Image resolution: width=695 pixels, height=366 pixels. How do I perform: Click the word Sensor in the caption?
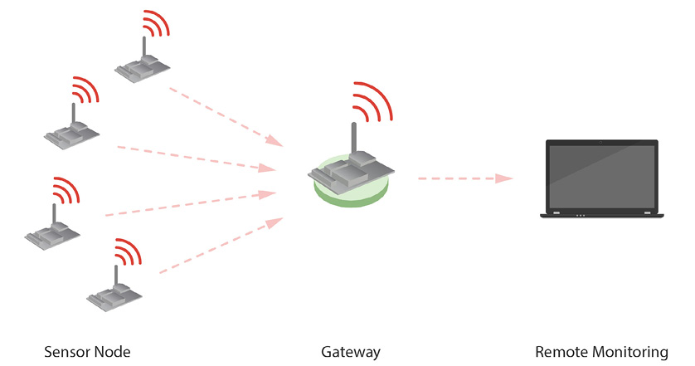pyautogui.click(x=66, y=352)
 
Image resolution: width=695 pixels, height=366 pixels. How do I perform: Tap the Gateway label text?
pyautogui.click(x=351, y=352)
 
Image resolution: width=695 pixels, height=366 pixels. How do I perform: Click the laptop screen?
pyautogui.click(x=601, y=177)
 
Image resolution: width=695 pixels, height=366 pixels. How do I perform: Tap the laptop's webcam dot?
pyautogui.click(x=601, y=143)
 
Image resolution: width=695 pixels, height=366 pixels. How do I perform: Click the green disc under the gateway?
pyautogui.click(x=351, y=195)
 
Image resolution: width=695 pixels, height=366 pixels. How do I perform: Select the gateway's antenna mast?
pyautogui.click(x=353, y=139)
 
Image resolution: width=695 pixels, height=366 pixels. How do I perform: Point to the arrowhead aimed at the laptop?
pyautogui.click(x=504, y=178)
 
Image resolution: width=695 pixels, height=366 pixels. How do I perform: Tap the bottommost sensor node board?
pyautogui.click(x=114, y=297)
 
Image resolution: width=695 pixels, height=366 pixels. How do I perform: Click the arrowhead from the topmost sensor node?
pyautogui.click(x=275, y=140)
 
